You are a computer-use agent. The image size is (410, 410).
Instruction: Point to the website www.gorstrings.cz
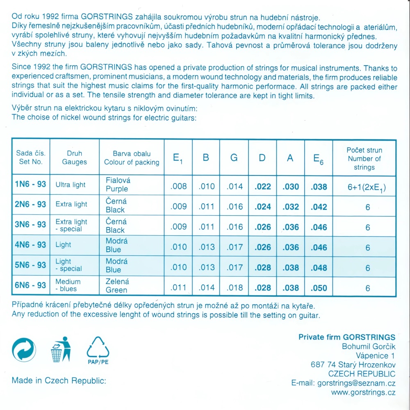[363, 393]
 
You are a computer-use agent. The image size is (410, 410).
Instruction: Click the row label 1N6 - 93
[30, 184]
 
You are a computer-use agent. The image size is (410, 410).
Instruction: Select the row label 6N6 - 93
[30, 285]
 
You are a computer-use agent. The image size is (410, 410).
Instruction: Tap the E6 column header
[318, 158]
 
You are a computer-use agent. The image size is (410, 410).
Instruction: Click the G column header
[234, 158]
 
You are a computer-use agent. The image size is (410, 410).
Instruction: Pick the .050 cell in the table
[319, 288]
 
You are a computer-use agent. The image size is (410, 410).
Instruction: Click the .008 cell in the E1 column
[178, 187]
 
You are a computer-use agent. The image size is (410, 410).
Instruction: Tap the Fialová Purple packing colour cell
[117, 184]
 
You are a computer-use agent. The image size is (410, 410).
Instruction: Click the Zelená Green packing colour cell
[117, 285]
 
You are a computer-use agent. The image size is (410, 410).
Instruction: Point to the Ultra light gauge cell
[71, 184]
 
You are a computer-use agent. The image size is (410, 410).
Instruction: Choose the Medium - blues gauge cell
[68, 285]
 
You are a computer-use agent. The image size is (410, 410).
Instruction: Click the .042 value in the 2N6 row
[319, 207]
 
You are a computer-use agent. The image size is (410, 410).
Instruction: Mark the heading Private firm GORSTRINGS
[347, 337]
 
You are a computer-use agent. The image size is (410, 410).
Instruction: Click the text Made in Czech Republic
[59, 380]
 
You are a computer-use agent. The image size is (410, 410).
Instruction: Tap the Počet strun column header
[364, 158]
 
